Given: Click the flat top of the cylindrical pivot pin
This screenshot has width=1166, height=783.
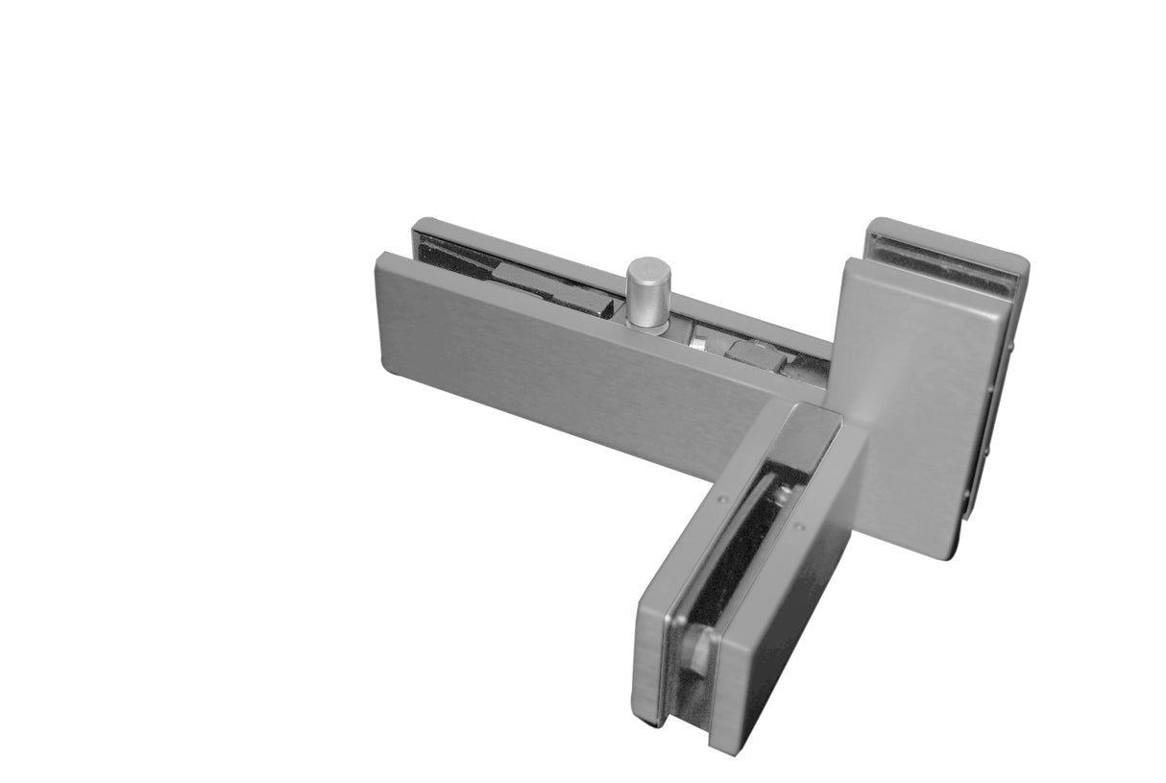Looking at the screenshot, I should coord(648,268).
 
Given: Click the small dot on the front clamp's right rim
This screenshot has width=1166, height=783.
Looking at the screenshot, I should coord(798,526).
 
